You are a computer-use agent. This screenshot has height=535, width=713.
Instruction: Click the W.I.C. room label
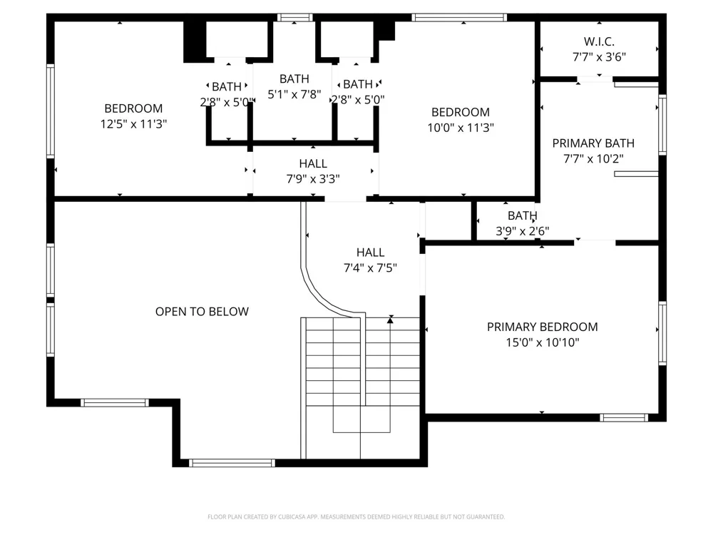coord(599,41)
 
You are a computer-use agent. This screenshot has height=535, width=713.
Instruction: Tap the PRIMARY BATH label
coord(593,143)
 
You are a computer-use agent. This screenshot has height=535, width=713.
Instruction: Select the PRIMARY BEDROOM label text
coord(542,327)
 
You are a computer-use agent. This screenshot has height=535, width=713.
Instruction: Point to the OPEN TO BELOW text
coord(202,312)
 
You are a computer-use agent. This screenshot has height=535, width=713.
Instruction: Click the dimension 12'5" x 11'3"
coord(134,123)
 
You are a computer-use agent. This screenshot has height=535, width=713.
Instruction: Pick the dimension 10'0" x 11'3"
coord(461,128)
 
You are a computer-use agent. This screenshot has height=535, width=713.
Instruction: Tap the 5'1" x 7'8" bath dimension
coord(294,94)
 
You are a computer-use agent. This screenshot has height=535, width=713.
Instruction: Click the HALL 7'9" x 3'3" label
coord(313,171)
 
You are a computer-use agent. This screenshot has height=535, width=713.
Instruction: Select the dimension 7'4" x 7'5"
coord(370,267)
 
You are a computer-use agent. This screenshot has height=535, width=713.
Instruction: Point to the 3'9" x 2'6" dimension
coord(523,231)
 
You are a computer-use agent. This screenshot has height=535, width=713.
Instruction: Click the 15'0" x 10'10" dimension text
coord(543,342)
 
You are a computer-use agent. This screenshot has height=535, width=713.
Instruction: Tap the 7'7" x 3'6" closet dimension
coord(599,57)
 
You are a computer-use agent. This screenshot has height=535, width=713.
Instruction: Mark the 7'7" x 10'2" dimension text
coord(593,159)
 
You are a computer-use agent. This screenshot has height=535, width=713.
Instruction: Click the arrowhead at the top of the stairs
coord(390,320)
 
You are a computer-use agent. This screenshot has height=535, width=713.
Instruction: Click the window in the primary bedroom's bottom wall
coord(624,417)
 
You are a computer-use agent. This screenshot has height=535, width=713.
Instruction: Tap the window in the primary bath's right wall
coord(662,125)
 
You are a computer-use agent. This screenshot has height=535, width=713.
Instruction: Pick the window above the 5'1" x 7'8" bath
coord(295,18)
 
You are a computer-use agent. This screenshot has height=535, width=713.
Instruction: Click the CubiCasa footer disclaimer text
coord(356,516)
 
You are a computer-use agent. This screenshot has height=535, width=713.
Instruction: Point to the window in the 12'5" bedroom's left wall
coord(51,111)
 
